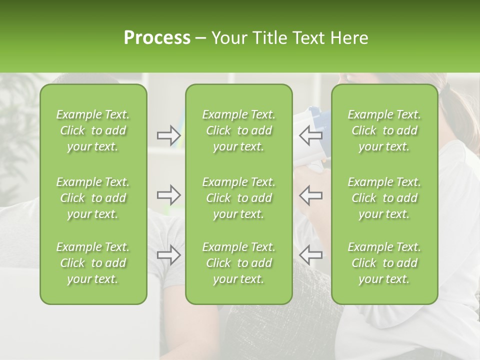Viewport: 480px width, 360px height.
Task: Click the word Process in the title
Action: (x=157, y=38)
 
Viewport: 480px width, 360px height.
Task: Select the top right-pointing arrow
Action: (x=169, y=135)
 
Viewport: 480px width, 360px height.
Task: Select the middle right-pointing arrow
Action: (x=169, y=195)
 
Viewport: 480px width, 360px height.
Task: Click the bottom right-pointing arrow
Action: (x=169, y=255)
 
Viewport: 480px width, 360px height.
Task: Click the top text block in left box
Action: (x=93, y=130)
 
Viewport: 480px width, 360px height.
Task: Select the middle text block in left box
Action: (x=93, y=198)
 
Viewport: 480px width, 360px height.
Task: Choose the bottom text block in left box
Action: (x=93, y=263)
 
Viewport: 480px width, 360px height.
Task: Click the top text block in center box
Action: (x=239, y=130)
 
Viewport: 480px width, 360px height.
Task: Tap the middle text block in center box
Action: (x=239, y=198)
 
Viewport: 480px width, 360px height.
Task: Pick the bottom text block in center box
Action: (x=239, y=263)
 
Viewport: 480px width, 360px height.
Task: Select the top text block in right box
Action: (x=384, y=130)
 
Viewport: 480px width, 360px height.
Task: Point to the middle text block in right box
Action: (x=384, y=198)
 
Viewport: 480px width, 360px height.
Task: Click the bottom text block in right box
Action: (x=384, y=263)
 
